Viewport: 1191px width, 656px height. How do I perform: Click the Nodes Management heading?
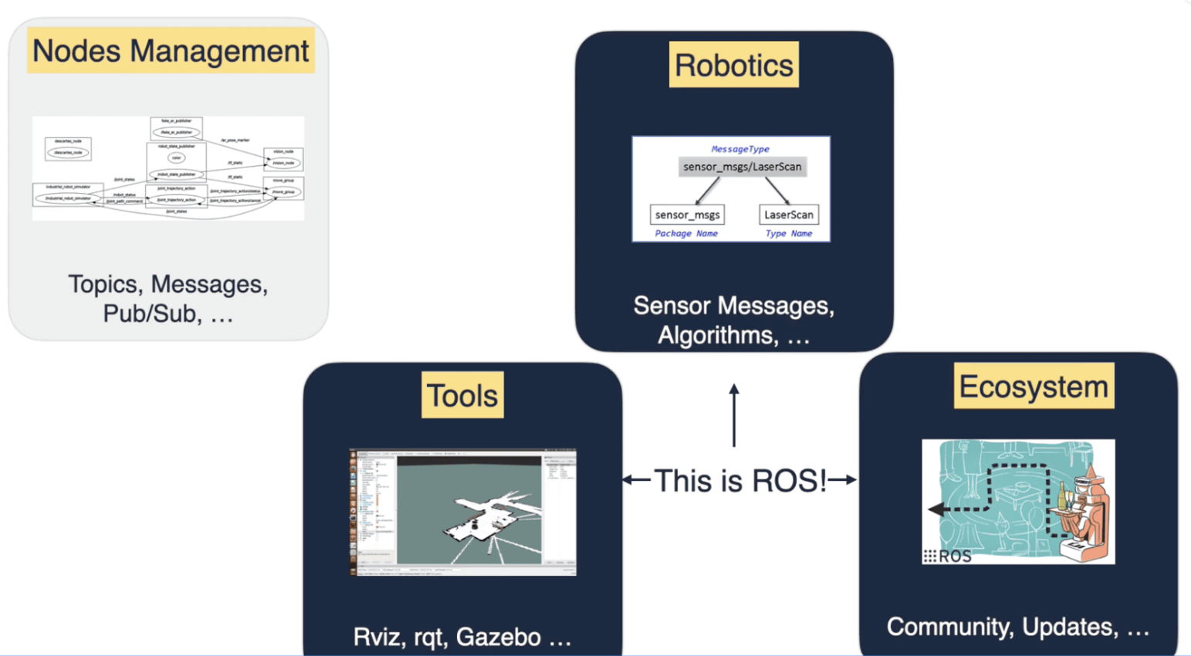click(171, 51)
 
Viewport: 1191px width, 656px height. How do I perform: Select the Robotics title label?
click(733, 65)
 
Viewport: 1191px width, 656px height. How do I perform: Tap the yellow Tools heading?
click(462, 395)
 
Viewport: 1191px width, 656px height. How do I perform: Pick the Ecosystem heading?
click(1034, 386)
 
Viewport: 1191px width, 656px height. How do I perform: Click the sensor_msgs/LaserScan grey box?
click(742, 167)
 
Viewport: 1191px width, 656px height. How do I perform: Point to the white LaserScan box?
click(788, 215)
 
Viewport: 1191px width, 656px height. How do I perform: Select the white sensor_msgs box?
click(687, 215)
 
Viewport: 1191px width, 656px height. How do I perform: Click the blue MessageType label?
click(739, 149)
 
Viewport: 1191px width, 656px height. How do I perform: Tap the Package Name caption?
click(685, 233)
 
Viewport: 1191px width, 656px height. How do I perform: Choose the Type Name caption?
click(788, 233)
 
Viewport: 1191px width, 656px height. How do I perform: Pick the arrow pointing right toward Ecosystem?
click(843, 480)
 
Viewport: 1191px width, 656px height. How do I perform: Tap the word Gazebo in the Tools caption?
click(498, 637)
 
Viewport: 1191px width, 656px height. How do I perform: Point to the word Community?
click(946, 627)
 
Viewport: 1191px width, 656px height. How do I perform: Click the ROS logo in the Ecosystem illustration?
click(947, 556)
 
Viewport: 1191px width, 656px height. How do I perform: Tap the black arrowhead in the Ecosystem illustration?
click(936, 509)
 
